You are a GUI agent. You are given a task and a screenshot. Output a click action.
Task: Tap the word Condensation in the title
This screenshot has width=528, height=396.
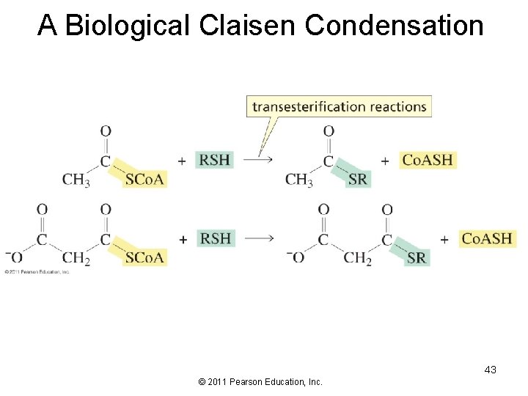(x=394, y=25)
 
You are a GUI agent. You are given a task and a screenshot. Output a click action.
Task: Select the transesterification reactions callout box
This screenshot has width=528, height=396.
(x=339, y=106)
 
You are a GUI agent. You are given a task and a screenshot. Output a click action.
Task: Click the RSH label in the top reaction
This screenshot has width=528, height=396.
(x=215, y=160)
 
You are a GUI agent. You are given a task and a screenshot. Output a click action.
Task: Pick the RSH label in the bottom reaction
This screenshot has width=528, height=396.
(x=215, y=238)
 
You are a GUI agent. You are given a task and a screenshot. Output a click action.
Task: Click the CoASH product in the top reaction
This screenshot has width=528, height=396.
(x=428, y=160)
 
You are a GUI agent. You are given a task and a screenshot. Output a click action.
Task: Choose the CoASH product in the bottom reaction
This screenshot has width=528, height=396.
(x=487, y=238)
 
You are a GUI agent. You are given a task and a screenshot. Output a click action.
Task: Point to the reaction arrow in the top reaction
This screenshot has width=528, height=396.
(x=258, y=160)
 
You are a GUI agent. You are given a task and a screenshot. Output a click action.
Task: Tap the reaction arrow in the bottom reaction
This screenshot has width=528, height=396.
(x=258, y=238)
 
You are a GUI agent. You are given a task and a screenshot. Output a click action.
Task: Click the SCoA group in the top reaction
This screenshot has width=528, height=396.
(x=145, y=180)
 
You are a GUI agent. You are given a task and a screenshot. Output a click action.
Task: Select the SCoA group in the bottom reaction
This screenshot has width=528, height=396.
(x=145, y=257)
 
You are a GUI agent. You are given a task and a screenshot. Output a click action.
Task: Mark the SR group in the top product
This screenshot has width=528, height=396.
(x=358, y=180)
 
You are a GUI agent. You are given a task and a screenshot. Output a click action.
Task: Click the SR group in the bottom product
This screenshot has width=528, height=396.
(x=417, y=257)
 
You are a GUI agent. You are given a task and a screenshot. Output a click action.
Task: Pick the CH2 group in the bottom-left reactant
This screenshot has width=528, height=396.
(x=76, y=258)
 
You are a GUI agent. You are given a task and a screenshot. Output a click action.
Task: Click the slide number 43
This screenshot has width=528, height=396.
(x=490, y=370)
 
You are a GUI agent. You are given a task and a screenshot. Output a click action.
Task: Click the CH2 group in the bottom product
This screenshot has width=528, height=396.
(x=357, y=258)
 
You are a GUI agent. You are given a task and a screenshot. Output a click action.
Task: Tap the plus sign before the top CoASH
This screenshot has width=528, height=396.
(x=385, y=161)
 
